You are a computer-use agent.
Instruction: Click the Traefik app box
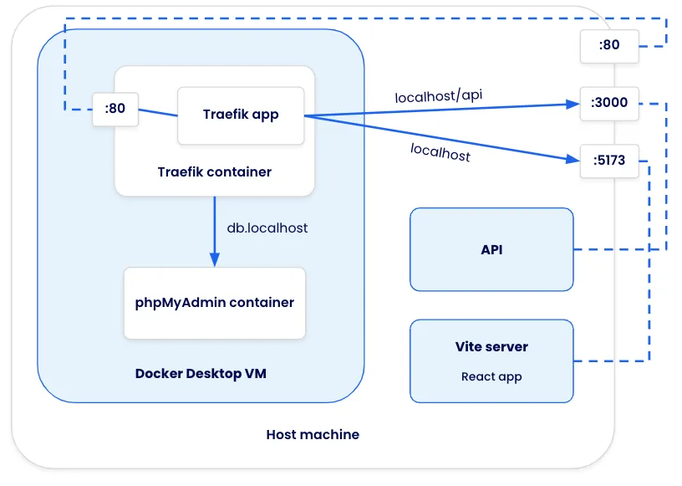point(241,115)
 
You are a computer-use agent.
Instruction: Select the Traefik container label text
point(214,171)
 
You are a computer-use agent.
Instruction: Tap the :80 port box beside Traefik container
point(115,109)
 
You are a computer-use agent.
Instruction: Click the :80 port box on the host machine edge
point(609,45)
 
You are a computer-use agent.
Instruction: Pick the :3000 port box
point(609,104)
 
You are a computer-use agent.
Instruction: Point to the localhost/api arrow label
point(438,95)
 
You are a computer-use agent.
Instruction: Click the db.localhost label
point(267,228)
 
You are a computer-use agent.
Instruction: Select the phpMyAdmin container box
point(214,303)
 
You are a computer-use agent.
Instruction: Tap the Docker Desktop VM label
point(201,374)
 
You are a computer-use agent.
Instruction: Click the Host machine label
point(313,434)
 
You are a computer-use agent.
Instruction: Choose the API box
point(491,249)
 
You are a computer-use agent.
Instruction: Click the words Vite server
point(491,346)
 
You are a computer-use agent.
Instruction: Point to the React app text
point(491,376)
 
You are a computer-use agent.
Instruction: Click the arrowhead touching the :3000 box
point(573,105)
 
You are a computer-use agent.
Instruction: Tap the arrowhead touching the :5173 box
point(573,157)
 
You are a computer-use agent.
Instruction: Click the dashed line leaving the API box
point(618,249)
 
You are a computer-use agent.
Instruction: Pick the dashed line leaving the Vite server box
point(610,361)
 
